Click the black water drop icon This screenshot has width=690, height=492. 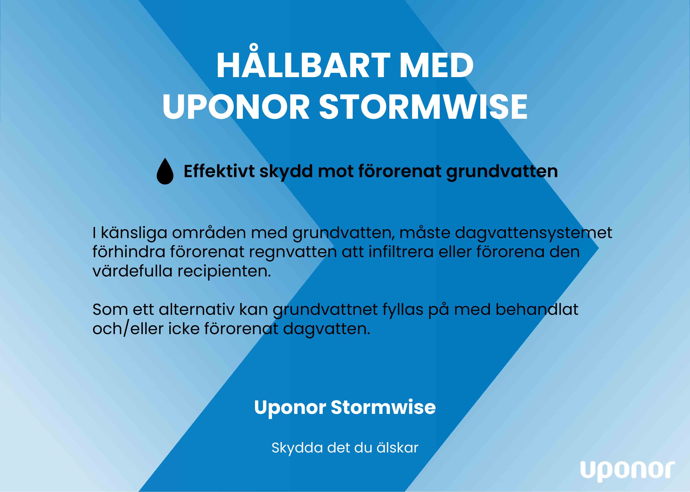(x=165, y=171)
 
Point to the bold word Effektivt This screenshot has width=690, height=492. (x=219, y=171)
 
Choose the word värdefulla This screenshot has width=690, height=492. (x=132, y=271)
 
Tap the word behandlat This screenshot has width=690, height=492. (x=537, y=310)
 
